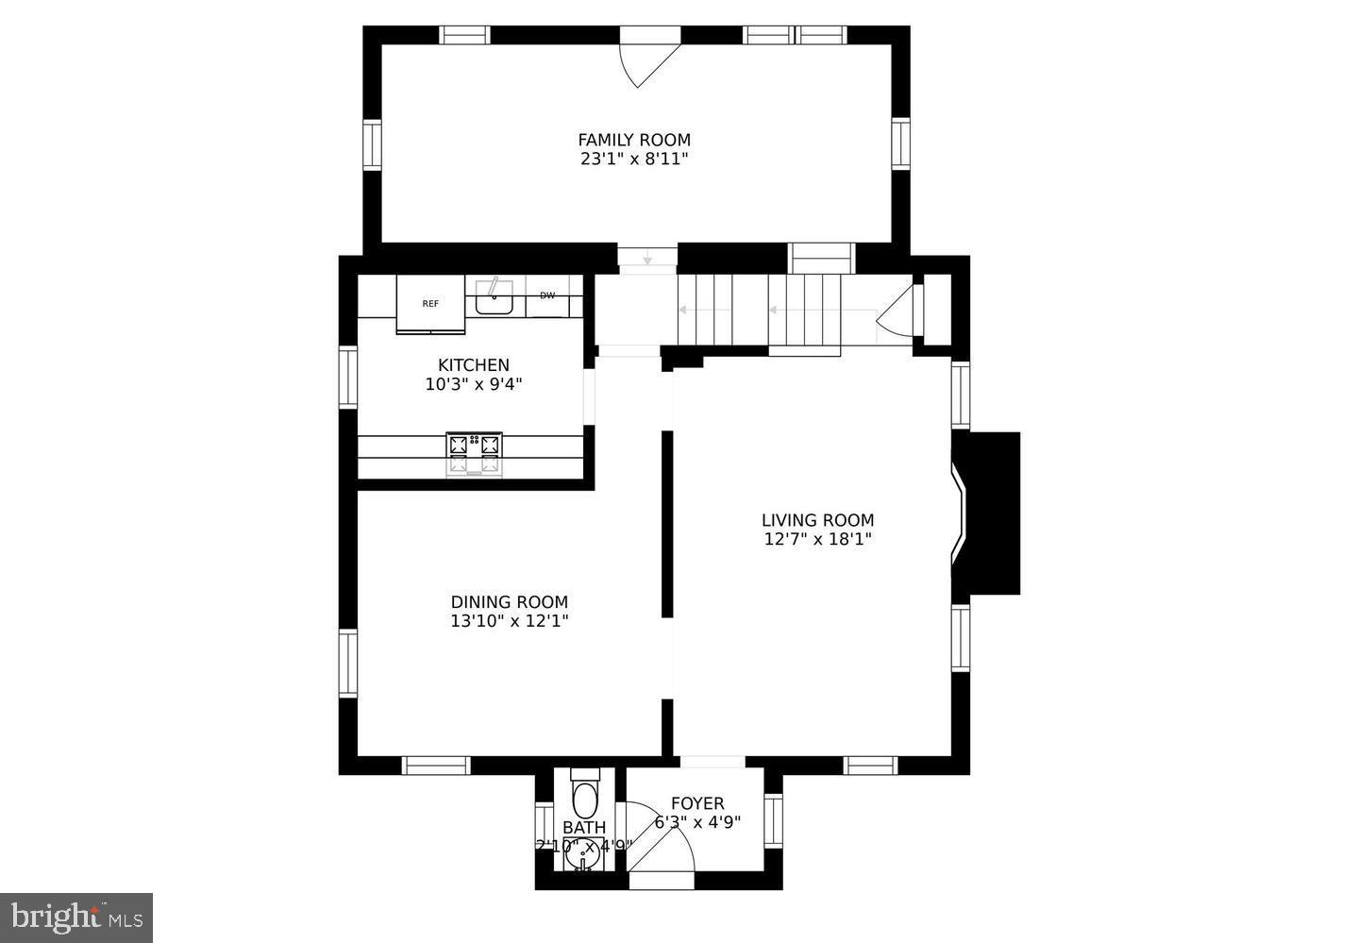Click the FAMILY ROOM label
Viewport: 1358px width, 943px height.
click(x=634, y=140)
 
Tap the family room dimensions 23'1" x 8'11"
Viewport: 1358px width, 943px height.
click(x=634, y=160)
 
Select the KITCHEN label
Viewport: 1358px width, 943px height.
click(x=473, y=364)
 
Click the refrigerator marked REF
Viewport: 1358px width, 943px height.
click(x=430, y=303)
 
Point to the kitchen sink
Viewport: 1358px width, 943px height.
click(x=494, y=298)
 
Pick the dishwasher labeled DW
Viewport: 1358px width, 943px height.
click(x=547, y=296)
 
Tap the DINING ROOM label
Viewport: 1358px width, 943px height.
click(x=509, y=601)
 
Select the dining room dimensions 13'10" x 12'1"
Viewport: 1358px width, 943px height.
click(x=509, y=621)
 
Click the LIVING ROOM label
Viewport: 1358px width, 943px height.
click(x=817, y=519)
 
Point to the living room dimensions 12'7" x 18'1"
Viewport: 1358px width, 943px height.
click(x=817, y=539)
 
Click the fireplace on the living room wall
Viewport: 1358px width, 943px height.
click(x=986, y=513)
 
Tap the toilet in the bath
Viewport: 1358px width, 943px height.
click(x=585, y=797)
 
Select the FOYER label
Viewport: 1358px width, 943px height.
click(x=697, y=803)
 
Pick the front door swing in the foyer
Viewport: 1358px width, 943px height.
click(x=661, y=840)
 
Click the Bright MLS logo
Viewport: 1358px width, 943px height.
click(x=76, y=917)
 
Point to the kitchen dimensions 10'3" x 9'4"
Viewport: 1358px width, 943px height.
click(x=473, y=384)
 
